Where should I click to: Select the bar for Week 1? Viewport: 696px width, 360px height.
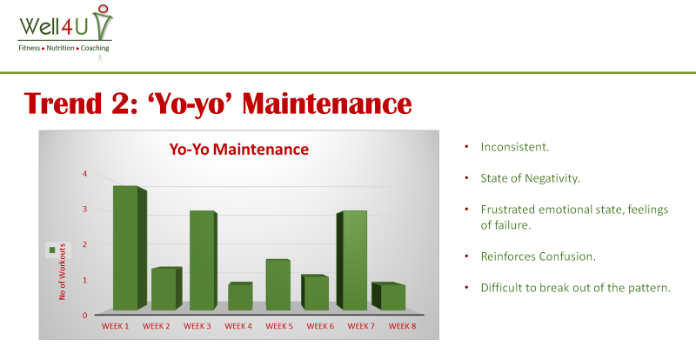130,248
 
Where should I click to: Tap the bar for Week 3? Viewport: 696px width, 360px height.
204,261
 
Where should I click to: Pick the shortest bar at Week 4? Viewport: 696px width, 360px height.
240,296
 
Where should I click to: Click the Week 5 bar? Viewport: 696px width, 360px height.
278,285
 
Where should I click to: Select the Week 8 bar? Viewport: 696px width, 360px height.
388,297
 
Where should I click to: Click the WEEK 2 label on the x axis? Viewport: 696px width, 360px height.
157,326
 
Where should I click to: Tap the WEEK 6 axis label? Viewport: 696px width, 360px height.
320,326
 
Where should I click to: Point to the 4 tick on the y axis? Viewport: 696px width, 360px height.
84,174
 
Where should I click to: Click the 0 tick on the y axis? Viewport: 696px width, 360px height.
84,316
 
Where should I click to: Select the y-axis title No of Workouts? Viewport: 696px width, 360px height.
62,271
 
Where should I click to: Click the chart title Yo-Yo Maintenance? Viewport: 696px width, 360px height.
238,150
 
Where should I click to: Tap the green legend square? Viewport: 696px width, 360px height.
52,250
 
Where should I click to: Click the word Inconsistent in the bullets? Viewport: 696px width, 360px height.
515,147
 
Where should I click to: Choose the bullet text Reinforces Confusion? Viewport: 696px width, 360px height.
538,257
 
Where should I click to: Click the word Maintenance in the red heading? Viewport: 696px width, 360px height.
327,103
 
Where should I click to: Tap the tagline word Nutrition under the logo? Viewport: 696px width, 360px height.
60,48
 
